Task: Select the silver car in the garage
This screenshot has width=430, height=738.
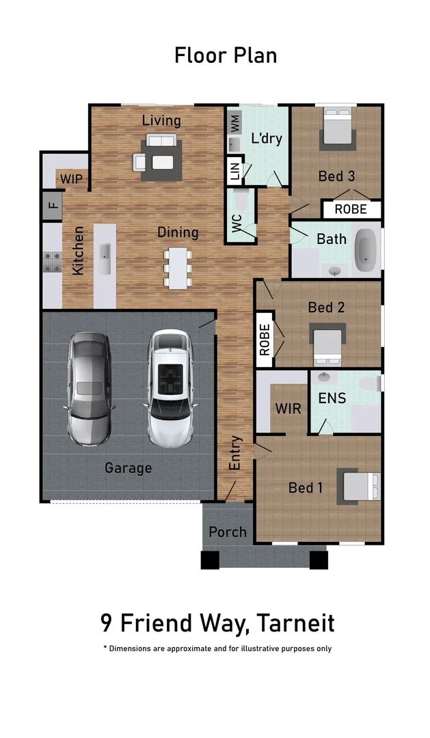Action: click(90, 387)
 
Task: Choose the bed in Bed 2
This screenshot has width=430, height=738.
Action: click(327, 346)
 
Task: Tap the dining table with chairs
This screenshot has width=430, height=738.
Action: click(177, 267)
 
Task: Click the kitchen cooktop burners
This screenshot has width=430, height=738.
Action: click(53, 262)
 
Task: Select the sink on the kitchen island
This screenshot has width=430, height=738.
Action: click(105, 259)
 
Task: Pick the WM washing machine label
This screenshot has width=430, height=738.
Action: click(234, 124)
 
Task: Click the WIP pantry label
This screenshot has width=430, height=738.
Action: click(71, 179)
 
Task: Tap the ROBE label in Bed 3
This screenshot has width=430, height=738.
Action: click(351, 209)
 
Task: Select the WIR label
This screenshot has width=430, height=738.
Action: click(288, 409)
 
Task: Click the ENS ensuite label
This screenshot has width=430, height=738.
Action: click(332, 398)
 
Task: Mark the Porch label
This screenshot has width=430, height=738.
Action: click(228, 532)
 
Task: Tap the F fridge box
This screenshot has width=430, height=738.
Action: click(52, 204)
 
